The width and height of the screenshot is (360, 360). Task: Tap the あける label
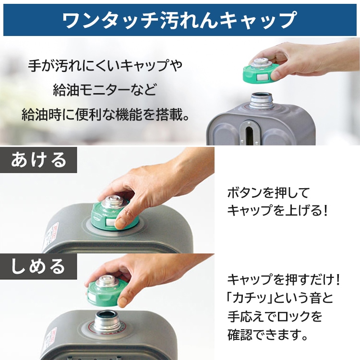pos(39,159)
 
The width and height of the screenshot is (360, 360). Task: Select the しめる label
pos(39,265)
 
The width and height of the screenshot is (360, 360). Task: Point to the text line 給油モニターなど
pos(105,90)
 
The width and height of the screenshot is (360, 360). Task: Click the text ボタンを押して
pos(269,193)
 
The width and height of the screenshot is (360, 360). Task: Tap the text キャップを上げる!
pos(277,210)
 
